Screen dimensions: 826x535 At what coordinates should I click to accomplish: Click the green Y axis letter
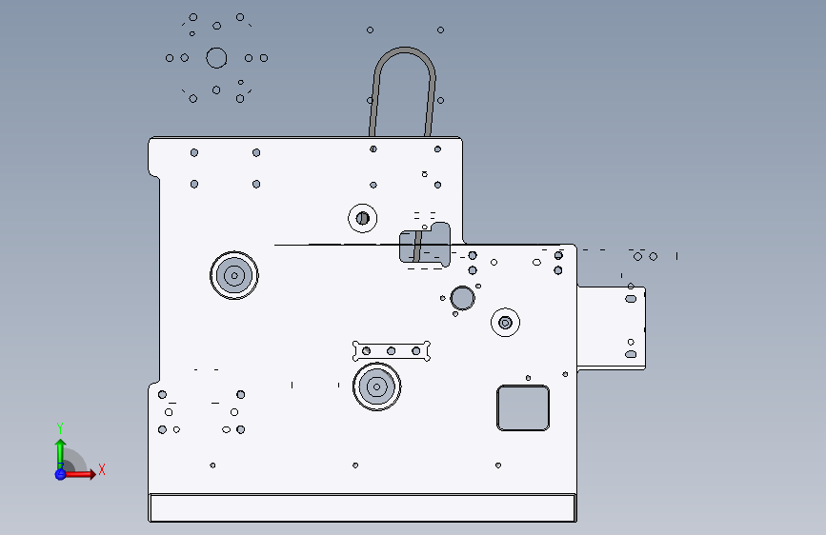[x=60, y=428]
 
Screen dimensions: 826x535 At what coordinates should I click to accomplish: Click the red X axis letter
[x=102, y=469]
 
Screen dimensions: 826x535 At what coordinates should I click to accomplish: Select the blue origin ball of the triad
[x=61, y=474]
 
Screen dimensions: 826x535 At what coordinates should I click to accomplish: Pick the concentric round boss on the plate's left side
[x=234, y=275]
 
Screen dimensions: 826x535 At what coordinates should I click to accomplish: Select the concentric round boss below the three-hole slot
[x=376, y=387]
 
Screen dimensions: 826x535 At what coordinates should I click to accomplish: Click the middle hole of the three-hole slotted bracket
[x=391, y=351]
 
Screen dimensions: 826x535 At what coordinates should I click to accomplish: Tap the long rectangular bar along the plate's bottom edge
[x=362, y=508]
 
